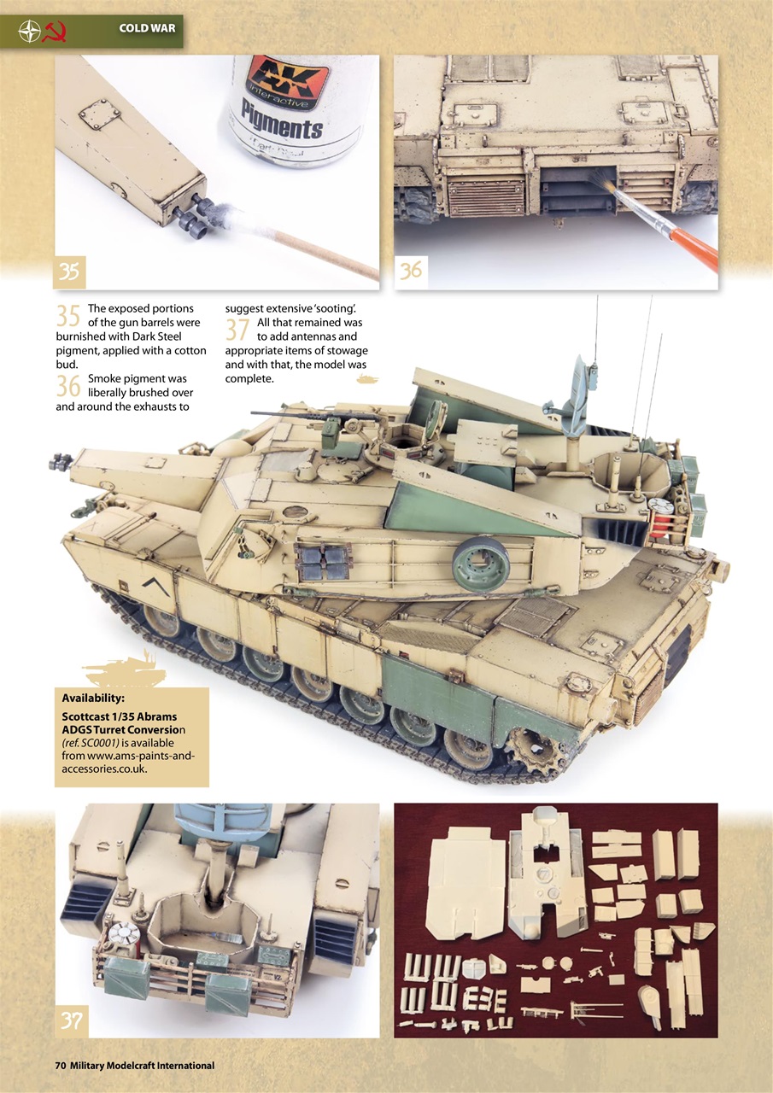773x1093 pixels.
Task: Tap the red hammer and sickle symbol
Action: coord(57,31)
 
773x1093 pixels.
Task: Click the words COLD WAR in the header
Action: coord(147,29)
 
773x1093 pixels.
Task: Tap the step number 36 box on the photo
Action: coord(411,271)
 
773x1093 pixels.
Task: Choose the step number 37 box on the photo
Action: coord(72,1020)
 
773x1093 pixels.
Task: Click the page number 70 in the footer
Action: coord(60,1066)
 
